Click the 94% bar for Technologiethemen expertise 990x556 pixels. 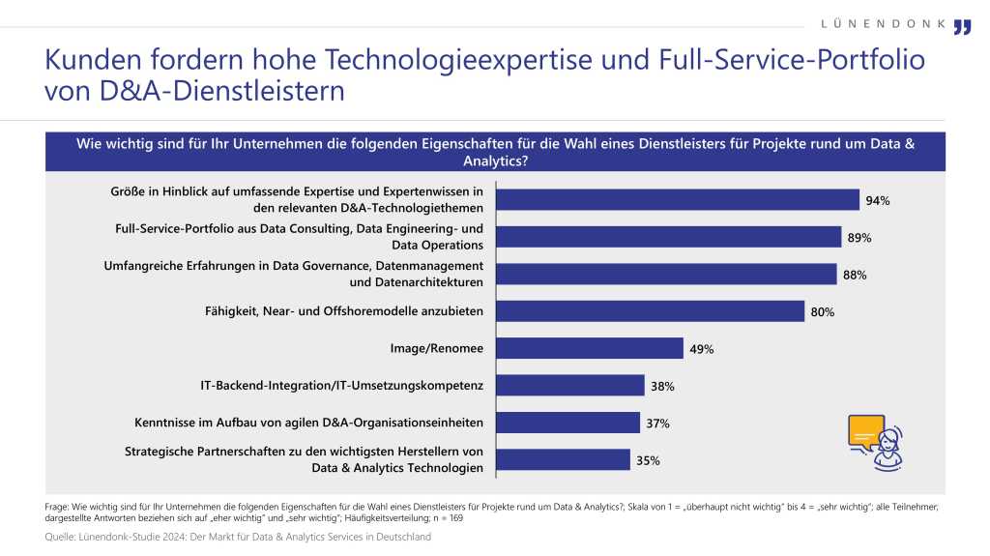(678, 200)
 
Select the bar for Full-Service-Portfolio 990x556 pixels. (669, 237)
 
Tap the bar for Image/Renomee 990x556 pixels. (590, 348)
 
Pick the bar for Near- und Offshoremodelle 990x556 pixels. (650, 311)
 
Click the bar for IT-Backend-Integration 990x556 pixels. (570, 386)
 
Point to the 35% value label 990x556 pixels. (648, 461)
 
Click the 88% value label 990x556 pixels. (855, 275)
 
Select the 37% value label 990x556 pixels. (658, 424)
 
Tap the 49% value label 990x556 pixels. (702, 349)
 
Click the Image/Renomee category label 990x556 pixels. (436, 348)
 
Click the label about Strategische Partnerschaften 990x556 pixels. (304, 460)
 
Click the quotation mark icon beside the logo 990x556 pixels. (962, 26)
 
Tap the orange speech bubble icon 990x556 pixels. (865, 431)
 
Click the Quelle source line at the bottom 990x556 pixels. (238, 538)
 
